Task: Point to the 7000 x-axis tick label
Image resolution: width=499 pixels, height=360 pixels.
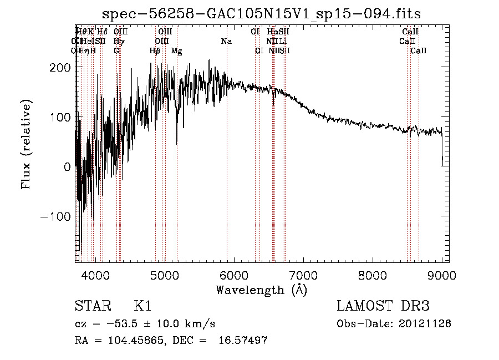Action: (x=303, y=275)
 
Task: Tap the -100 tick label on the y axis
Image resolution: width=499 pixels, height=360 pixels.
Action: (x=54, y=216)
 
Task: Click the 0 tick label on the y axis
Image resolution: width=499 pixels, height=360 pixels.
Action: (x=67, y=166)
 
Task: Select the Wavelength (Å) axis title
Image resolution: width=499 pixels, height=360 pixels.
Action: (x=261, y=290)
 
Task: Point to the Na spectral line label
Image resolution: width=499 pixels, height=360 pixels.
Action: (x=226, y=42)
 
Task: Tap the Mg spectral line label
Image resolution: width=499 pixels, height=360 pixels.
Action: (x=177, y=51)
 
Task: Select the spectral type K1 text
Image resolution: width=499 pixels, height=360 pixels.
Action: (x=142, y=307)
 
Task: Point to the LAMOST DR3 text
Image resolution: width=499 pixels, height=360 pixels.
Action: (x=383, y=307)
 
